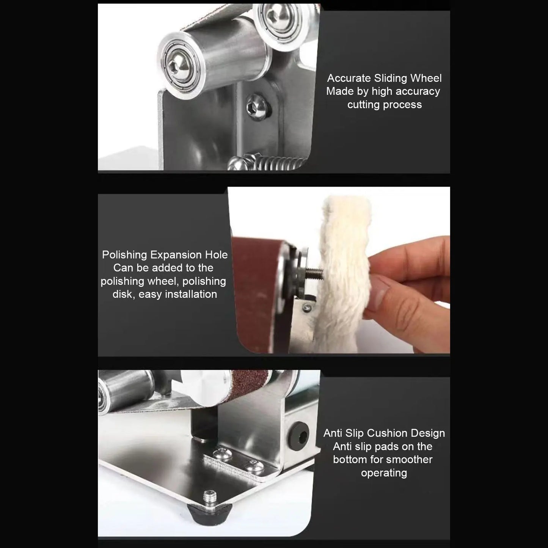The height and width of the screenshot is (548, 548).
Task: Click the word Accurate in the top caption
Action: pyautogui.click(x=349, y=78)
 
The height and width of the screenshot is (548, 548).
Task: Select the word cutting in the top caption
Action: pyautogui.click(x=364, y=105)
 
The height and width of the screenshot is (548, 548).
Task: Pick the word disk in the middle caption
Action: pyautogui.click(x=122, y=294)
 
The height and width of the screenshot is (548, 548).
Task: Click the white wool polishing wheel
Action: pyautogui.click(x=341, y=273)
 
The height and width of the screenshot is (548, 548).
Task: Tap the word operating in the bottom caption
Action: pyautogui.click(x=384, y=473)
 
